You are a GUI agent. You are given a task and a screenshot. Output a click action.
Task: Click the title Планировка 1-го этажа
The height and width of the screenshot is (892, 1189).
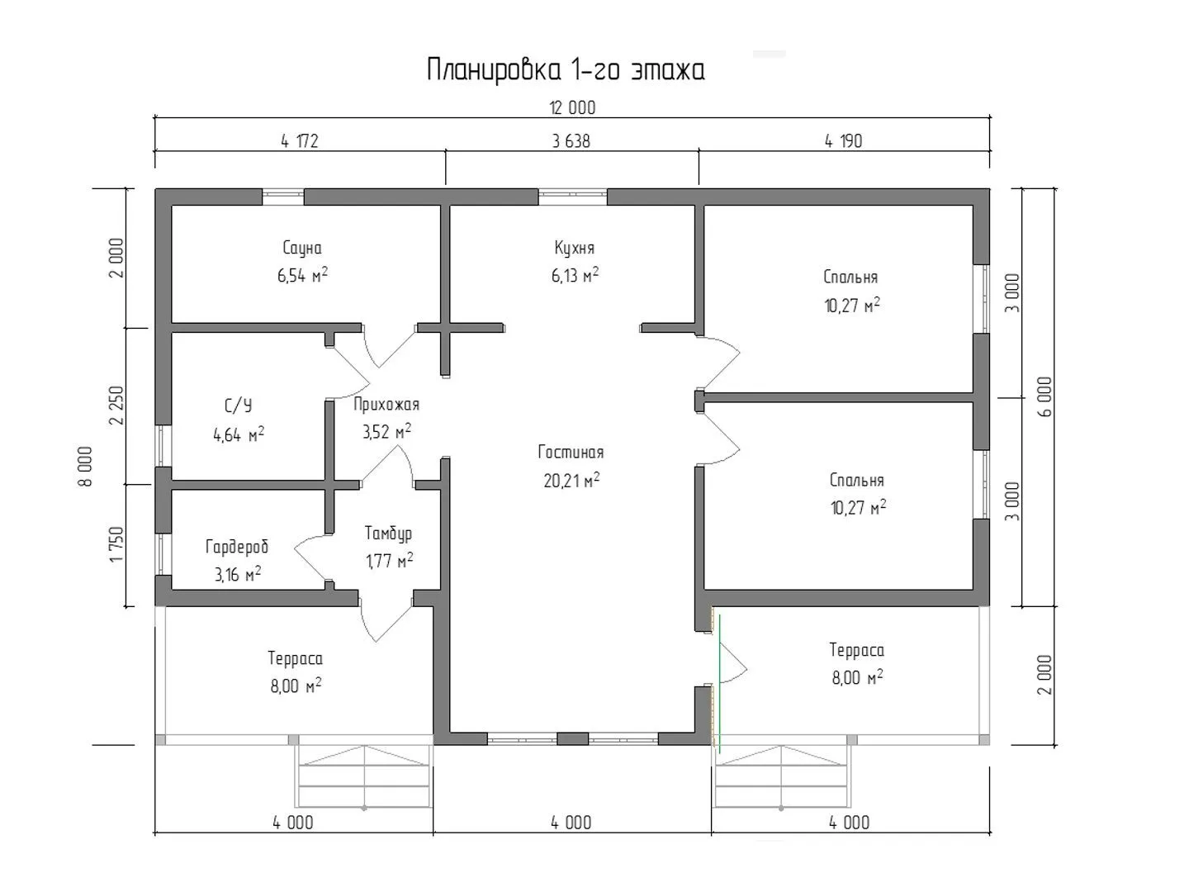(x=566, y=70)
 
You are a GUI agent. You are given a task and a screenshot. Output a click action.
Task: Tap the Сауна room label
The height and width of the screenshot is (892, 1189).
(x=302, y=248)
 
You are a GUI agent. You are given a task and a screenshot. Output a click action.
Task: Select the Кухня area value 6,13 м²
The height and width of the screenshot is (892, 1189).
(x=575, y=275)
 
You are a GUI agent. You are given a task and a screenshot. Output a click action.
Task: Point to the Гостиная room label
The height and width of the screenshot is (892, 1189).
(x=571, y=452)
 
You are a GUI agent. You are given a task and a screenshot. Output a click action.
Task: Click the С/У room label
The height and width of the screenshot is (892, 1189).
(x=239, y=405)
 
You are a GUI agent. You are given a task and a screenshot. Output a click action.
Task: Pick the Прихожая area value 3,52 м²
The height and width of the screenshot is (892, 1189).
(x=386, y=431)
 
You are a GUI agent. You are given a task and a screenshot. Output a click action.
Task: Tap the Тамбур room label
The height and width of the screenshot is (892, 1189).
(x=388, y=533)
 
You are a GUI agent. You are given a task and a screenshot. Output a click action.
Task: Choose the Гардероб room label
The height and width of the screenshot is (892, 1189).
(x=237, y=547)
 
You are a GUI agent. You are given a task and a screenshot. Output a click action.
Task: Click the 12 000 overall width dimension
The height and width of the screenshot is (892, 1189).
(x=572, y=107)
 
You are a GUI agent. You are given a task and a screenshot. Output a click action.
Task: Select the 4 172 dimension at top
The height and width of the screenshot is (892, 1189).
(x=300, y=141)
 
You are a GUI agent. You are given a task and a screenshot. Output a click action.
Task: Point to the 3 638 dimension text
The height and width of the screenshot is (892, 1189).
(x=571, y=141)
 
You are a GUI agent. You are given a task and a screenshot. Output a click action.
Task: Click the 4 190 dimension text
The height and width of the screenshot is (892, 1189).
(x=843, y=141)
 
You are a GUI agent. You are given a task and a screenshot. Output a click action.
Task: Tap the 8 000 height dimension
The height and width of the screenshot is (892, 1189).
(x=86, y=467)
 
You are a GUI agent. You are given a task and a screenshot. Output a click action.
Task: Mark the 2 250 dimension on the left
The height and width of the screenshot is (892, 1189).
(x=116, y=405)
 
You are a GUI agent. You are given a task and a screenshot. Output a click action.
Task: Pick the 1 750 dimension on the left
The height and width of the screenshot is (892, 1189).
(x=116, y=544)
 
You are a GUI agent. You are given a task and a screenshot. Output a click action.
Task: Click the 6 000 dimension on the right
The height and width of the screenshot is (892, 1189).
(x=1046, y=396)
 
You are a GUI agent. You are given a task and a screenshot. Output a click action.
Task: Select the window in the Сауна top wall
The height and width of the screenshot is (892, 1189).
(x=282, y=197)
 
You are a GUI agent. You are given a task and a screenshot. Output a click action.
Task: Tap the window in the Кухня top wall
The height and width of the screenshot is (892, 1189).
(x=572, y=197)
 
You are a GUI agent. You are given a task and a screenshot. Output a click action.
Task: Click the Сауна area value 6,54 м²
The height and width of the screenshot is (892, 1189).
(x=302, y=275)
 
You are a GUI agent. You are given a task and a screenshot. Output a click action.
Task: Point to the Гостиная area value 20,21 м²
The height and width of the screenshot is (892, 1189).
(x=571, y=480)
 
